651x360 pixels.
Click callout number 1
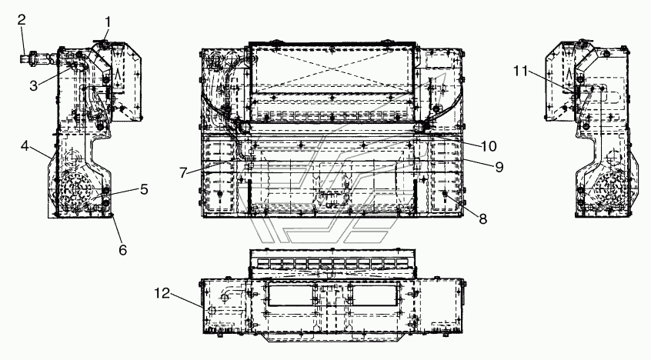108,22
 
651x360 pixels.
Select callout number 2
22,19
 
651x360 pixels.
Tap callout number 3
34,86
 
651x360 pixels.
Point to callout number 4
25,145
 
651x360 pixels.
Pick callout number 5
144,189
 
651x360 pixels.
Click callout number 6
122,249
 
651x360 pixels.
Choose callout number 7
183,173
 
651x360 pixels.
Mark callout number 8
482,218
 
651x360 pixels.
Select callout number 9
499,167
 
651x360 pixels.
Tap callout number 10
489,146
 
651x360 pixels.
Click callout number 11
520,72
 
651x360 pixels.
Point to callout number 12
162,294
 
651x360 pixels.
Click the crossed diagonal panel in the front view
332,68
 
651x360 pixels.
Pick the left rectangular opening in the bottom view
291,295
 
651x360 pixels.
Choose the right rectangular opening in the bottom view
375,295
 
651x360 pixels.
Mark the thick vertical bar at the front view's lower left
249,197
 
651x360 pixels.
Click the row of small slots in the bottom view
332,263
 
